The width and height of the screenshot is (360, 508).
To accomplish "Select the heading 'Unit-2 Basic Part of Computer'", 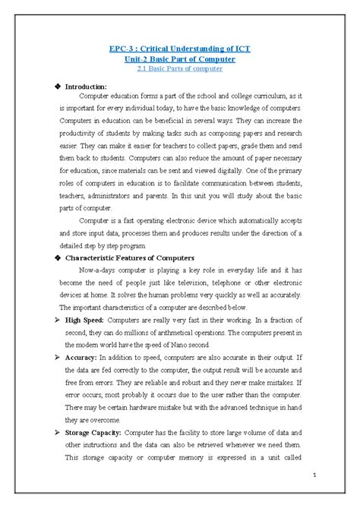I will (179, 58).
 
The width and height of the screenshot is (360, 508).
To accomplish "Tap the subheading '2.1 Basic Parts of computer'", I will (179, 69).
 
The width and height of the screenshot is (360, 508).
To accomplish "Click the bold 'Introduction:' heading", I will (90, 87).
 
